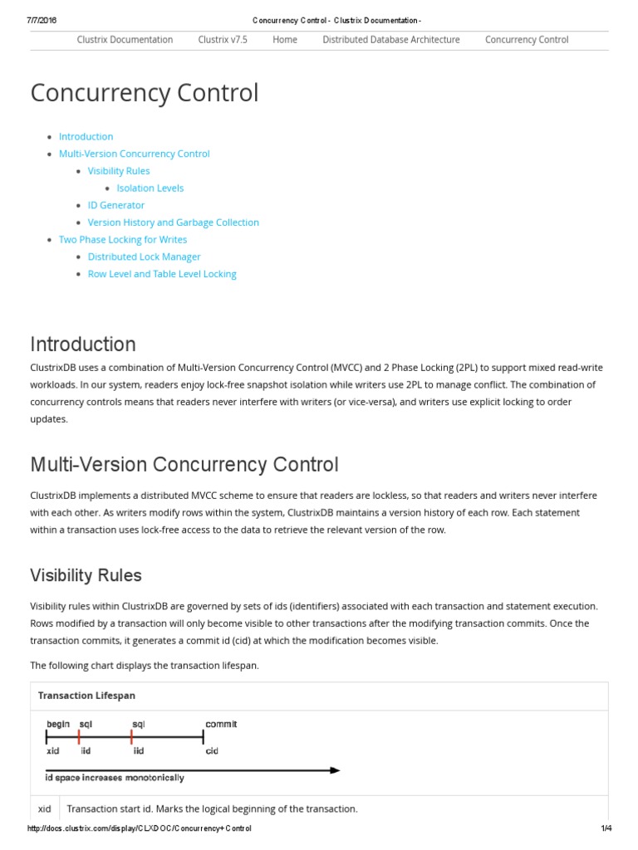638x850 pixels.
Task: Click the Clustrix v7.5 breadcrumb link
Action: pyautogui.click(x=223, y=39)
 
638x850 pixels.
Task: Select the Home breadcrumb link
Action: pyautogui.click(x=284, y=39)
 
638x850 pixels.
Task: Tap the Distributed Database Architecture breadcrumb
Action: pyautogui.click(x=390, y=39)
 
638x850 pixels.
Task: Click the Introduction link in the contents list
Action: pyautogui.click(x=86, y=136)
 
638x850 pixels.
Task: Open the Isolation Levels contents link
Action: pyautogui.click(x=150, y=188)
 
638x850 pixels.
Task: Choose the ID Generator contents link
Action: pyautogui.click(x=115, y=205)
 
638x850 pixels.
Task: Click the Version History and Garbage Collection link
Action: pyautogui.click(x=173, y=222)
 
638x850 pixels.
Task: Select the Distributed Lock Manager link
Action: pyautogui.click(x=144, y=256)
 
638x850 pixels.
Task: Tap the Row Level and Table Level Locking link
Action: pyautogui.click(x=162, y=274)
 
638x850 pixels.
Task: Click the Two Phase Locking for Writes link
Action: pyautogui.click(x=122, y=239)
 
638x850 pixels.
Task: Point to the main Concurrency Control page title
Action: pyautogui.click(x=144, y=93)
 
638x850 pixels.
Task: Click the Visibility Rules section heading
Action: pyautogui.click(x=86, y=575)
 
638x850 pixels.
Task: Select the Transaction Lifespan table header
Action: pyautogui.click(x=86, y=696)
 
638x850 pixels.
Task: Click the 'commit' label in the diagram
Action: pyautogui.click(x=221, y=724)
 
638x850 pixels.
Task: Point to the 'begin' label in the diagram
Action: pyautogui.click(x=58, y=724)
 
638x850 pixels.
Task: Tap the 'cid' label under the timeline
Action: pyautogui.click(x=212, y=750)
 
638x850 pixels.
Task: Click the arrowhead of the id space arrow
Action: pyautogui.click(x=335, y=770)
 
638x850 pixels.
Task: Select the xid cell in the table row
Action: pyautogui.click(x=45, y=808)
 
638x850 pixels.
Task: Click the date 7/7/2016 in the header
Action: pyautogui.click(x=41, y=20)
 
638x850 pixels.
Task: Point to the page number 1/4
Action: pyautogui.click(x=606, y=828)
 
